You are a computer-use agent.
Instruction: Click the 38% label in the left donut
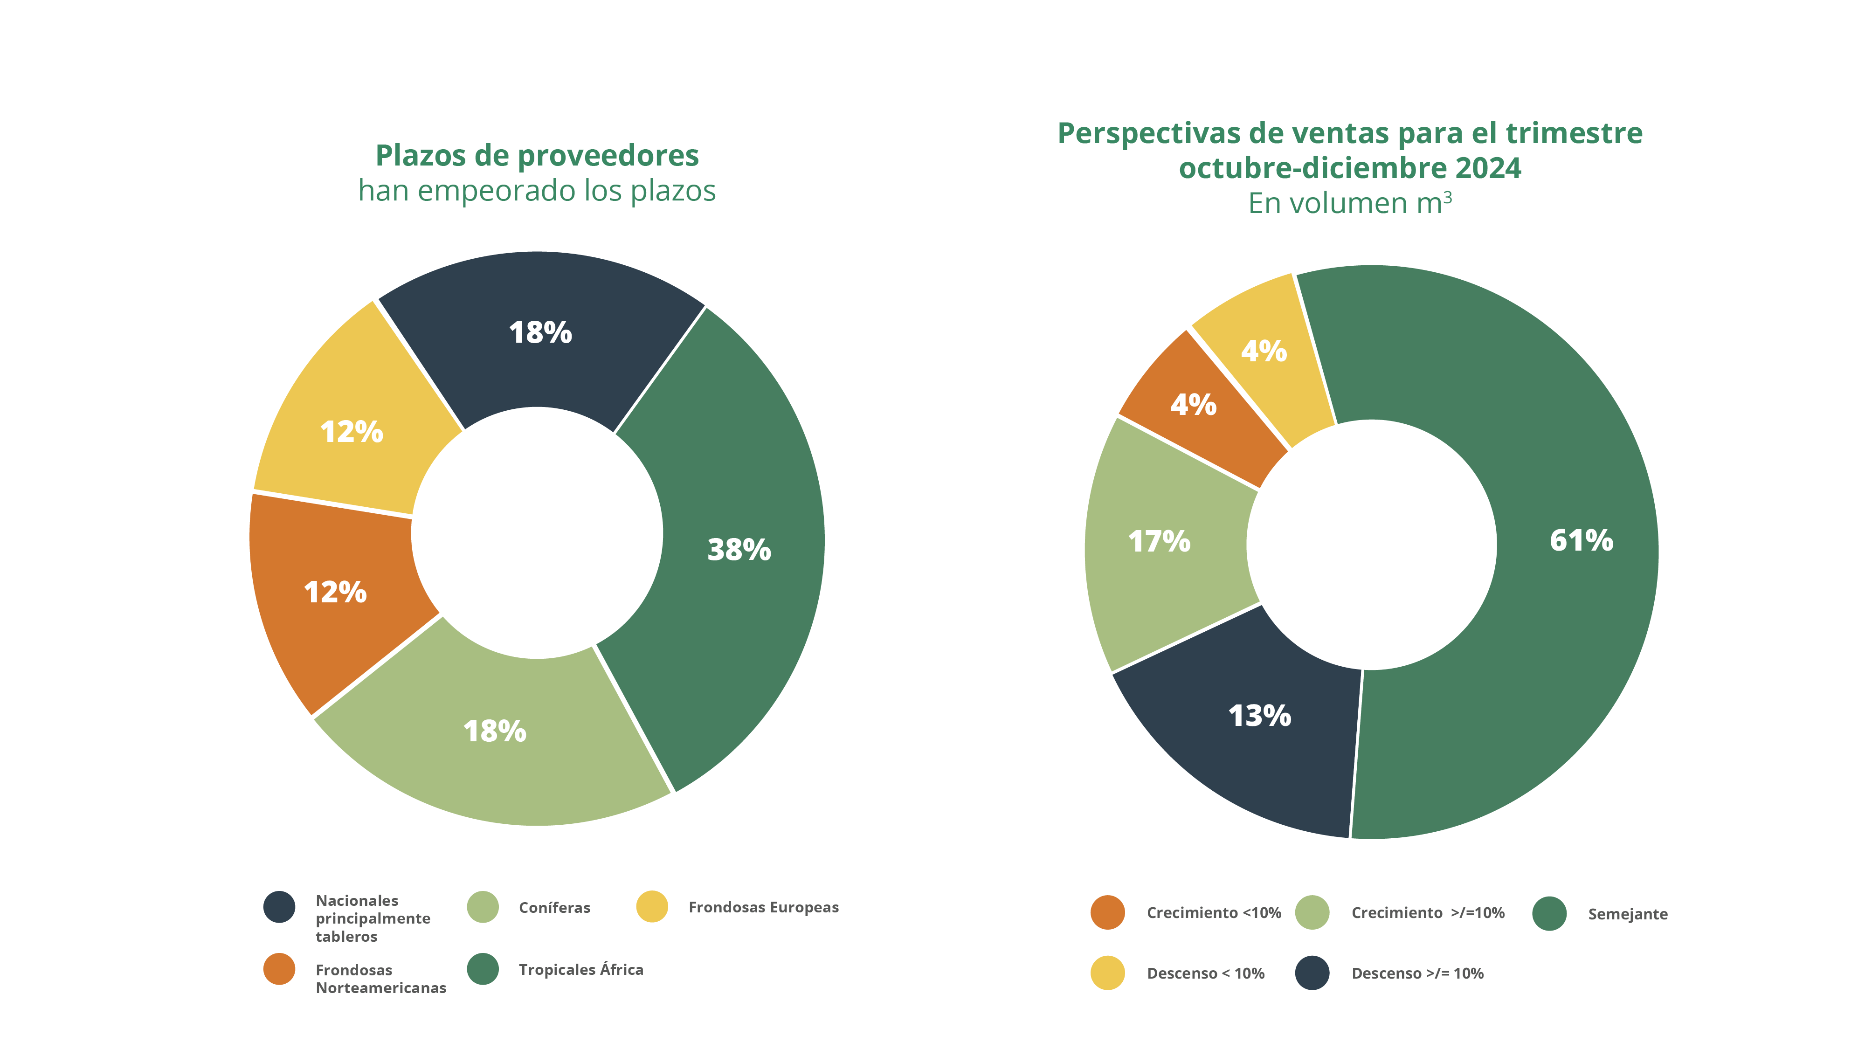739,550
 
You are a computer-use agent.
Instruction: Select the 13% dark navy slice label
1260,716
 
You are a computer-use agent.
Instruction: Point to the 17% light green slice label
1159,541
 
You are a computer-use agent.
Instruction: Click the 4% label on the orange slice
1193,405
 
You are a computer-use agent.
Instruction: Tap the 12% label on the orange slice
335,592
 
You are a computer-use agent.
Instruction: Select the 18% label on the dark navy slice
540,333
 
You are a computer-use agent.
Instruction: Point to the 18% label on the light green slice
495,731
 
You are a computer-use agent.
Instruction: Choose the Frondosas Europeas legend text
763,907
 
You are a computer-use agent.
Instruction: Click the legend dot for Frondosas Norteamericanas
279,969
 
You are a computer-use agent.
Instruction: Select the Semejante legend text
1628,914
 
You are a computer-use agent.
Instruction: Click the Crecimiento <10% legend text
1213,912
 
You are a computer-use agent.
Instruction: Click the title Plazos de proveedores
537,156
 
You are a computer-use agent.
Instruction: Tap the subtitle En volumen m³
1349,203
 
